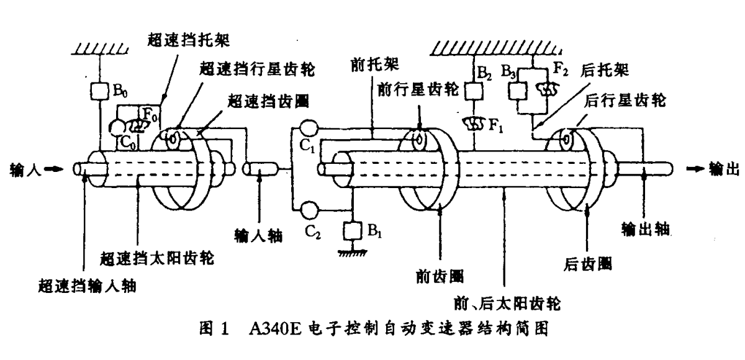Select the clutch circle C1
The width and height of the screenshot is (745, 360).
(x=307, y=128)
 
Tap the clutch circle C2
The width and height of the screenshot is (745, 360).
(x=307, y=210)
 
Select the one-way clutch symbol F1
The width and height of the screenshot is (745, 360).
(x=475, y=122)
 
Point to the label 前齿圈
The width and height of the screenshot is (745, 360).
(x=440, y=275)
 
